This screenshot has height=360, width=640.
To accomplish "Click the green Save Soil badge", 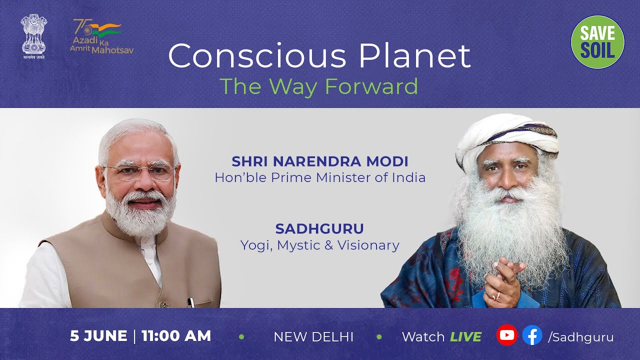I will (597, 42).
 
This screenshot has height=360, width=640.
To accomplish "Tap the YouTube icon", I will (506, 335).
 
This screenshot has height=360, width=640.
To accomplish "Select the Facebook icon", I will (532, 335).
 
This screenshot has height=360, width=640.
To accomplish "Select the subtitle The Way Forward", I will (318, 86).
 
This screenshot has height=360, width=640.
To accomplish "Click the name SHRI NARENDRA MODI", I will (320, 161).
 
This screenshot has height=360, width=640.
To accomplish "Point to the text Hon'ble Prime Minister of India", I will (320, 177).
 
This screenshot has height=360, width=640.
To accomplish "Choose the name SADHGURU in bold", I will (319, 229).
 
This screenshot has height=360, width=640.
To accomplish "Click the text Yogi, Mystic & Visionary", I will (319, 245).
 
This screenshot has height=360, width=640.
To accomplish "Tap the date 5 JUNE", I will (98, 336).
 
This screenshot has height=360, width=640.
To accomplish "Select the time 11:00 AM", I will (176, 336).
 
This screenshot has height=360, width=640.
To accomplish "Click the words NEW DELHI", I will (313, 337).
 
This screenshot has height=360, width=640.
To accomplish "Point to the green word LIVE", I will (465, 337).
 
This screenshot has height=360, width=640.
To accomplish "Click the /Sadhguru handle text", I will (580, 337).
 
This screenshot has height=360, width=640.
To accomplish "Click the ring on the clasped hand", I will (497, 296).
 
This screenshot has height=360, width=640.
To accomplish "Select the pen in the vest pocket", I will (190, 302).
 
